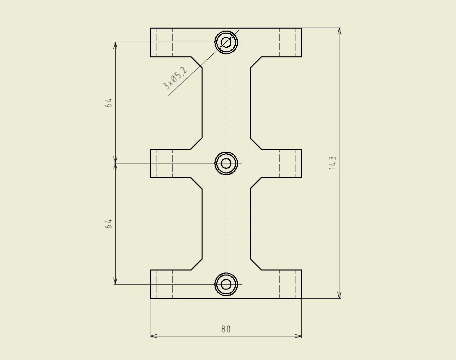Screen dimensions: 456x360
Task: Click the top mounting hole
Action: (x=226, y=42)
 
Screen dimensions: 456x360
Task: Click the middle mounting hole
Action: (x=226, y=163)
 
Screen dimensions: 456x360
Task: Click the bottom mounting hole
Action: (x=226, y=284)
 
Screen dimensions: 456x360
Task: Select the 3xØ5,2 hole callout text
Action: (x=175, y=77)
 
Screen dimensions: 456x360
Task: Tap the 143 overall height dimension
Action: (x=332, y=163)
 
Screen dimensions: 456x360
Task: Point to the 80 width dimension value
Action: (x=226, y=329)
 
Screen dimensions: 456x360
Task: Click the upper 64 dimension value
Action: (x=108, y=103)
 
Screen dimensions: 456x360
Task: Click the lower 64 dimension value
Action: (x=108, y=224)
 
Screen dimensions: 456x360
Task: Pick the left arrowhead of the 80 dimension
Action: (x=153, y=336)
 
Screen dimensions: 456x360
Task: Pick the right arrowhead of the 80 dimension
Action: (x=298, y=336)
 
